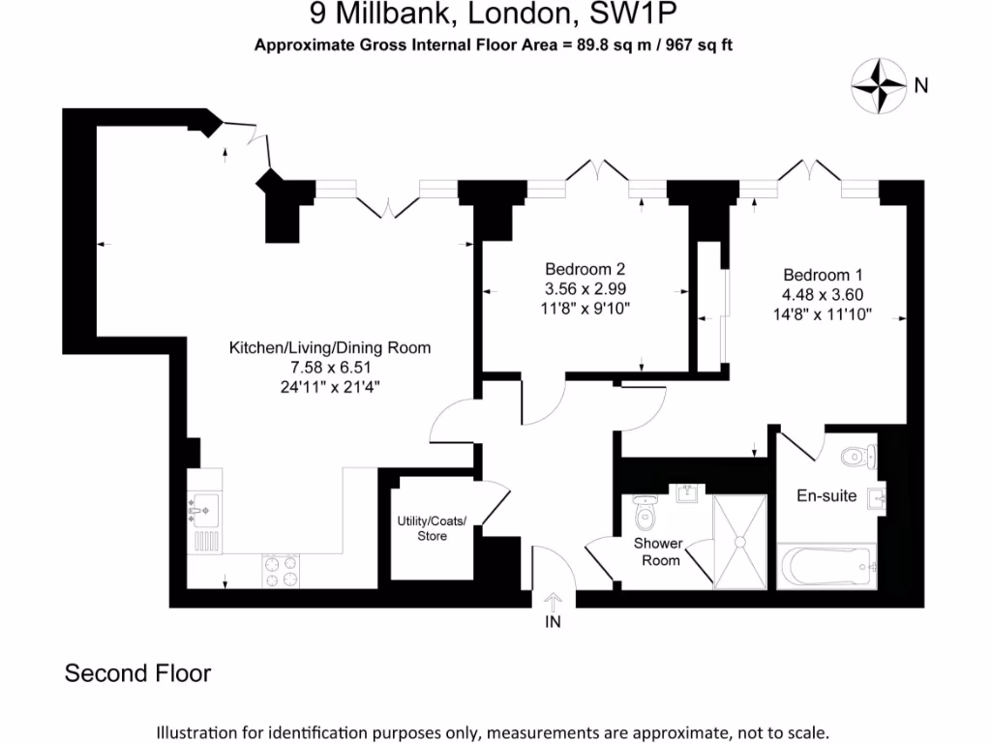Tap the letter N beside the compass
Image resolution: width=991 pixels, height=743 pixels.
(921, 85)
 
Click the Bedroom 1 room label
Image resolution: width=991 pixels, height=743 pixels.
(823, 275)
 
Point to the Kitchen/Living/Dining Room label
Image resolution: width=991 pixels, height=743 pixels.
(329, 348)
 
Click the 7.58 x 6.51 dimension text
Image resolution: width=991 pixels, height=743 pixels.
(329, 368)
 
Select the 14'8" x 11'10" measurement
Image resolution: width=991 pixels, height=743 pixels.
(823, 314)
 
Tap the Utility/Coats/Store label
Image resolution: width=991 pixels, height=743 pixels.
(432, 528)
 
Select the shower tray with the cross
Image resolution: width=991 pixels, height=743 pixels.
(740, 541)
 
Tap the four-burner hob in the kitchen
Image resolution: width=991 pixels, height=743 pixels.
(281, 570)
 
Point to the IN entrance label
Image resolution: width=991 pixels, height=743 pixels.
(553, 622)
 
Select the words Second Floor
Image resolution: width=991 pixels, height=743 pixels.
(137, 673)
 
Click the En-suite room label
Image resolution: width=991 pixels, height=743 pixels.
(826, 495)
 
